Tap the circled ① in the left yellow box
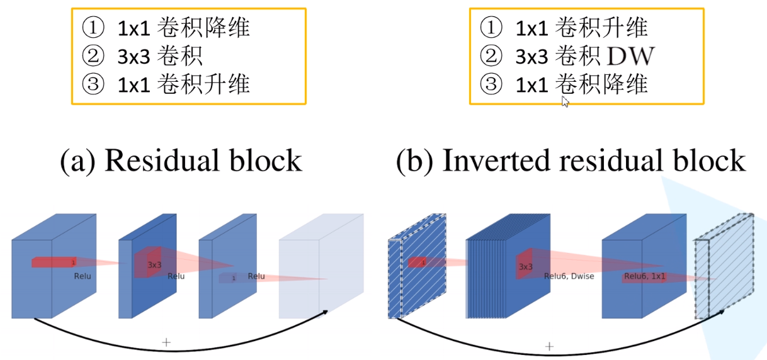click(92, 28)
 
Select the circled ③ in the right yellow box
click(489, 84)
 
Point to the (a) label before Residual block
click(77, 160)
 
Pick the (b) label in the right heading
click(415, 160)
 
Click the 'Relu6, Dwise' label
click(569, 276)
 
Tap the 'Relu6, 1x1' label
click(645, 276)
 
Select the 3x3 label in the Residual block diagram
click(155, 264)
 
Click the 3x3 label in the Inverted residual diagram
click(526, 266)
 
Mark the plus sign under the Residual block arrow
click(166, 342)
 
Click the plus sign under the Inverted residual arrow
click(549, 346)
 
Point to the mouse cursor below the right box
click(565, 102)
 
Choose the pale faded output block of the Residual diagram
click(321, 267)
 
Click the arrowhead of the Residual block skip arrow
click(326, 312)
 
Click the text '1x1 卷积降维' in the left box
click(184, 28)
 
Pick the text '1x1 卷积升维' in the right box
click(581, 28)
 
